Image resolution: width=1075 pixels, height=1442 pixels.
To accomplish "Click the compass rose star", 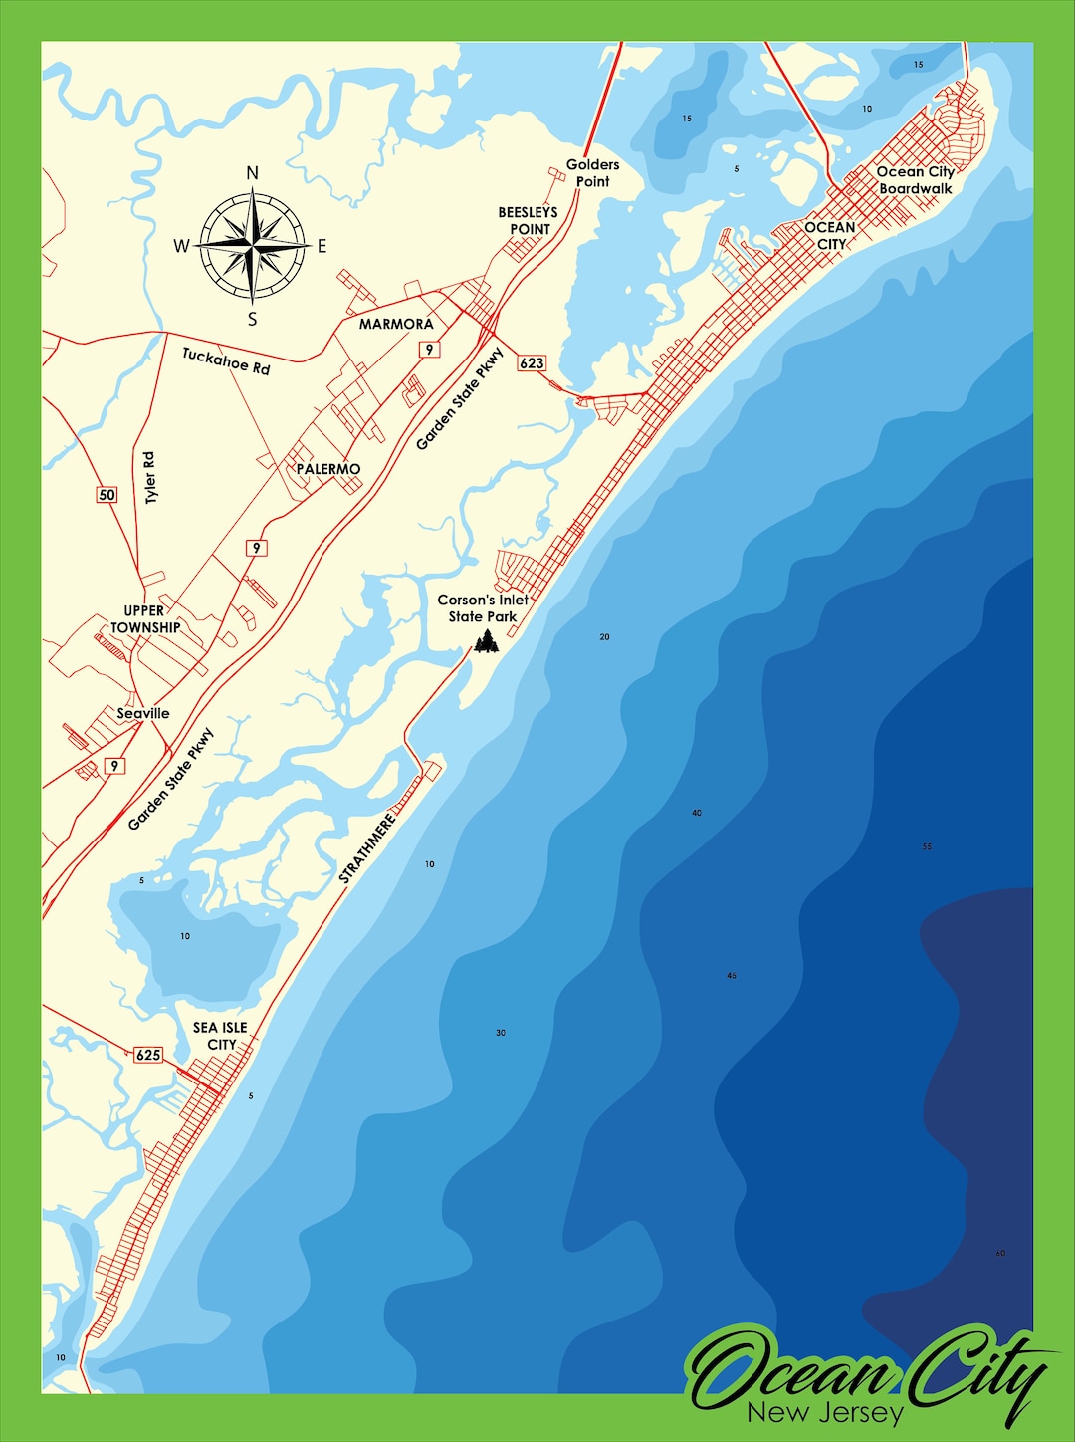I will pos(253,245).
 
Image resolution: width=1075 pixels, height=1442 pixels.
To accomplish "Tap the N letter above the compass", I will pos(252,173).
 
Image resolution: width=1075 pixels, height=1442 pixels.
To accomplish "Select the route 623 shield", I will pos(532,362).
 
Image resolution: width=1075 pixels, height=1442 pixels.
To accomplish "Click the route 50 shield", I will pos(107,494).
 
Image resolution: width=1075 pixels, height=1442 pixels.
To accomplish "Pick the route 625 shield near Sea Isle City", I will pos(148,1054).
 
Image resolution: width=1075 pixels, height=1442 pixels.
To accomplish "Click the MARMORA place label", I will pos(396,324).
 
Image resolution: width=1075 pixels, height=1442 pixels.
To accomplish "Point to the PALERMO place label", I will pos(328,468).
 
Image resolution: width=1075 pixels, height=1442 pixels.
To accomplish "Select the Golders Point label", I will pos(592,173).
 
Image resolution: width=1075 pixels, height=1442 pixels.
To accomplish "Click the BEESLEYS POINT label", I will pos(529,220).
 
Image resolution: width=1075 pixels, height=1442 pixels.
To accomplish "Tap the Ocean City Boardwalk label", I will pos(915,180).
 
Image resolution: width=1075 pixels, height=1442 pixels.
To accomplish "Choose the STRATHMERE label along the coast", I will pos(367,848).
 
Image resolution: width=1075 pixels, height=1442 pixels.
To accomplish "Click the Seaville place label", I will pos(143,713).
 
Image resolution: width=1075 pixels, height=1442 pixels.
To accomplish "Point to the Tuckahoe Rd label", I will pos(226,360).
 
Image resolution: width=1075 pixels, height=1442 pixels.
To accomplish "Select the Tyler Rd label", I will pos(150,477).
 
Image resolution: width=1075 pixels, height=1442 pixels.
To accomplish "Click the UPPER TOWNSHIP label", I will pos(145,618).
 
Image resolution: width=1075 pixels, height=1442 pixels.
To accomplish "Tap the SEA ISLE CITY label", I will pos(221,1036).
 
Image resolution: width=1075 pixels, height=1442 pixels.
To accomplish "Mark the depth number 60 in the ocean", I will pos(1000,1253).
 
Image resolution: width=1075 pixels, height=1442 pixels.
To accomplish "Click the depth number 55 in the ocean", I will pos(927,846).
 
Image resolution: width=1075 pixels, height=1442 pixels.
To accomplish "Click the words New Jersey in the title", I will pos(825,1412).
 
